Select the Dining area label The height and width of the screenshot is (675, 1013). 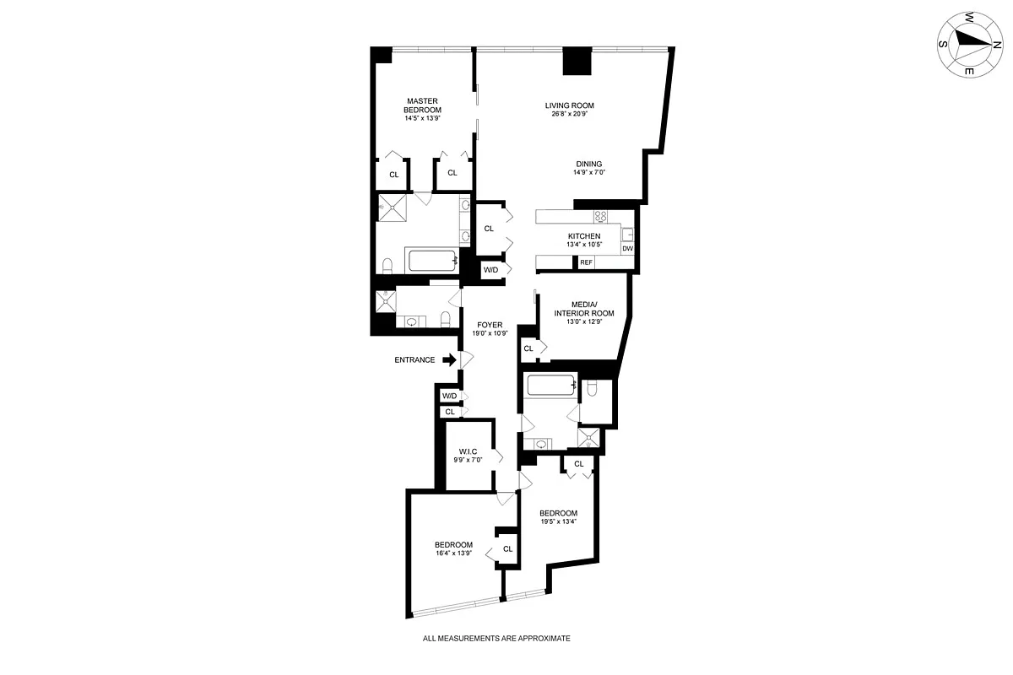click(589, 164)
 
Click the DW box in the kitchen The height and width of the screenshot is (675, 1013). click(627, 248)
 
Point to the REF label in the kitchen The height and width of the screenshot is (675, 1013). click(587, 263)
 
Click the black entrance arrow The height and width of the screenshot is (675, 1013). click(449, 359)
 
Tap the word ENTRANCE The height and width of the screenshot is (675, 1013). click(414, 360)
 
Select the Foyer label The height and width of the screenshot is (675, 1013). click(490, 325)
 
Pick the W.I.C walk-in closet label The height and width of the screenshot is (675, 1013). click(469, 452)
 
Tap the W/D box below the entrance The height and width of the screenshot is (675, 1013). click(449, 397)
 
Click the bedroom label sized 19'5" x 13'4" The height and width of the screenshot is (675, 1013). click(558, 514)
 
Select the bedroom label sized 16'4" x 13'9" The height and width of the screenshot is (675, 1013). click(453, 545)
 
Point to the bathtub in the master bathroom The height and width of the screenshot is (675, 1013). click(432, 261)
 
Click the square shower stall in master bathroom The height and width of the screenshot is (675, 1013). click(393, 206)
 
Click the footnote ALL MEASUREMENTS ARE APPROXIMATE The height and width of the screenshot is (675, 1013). click(496, 639)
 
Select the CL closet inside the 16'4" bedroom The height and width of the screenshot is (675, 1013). click(507, 548)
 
